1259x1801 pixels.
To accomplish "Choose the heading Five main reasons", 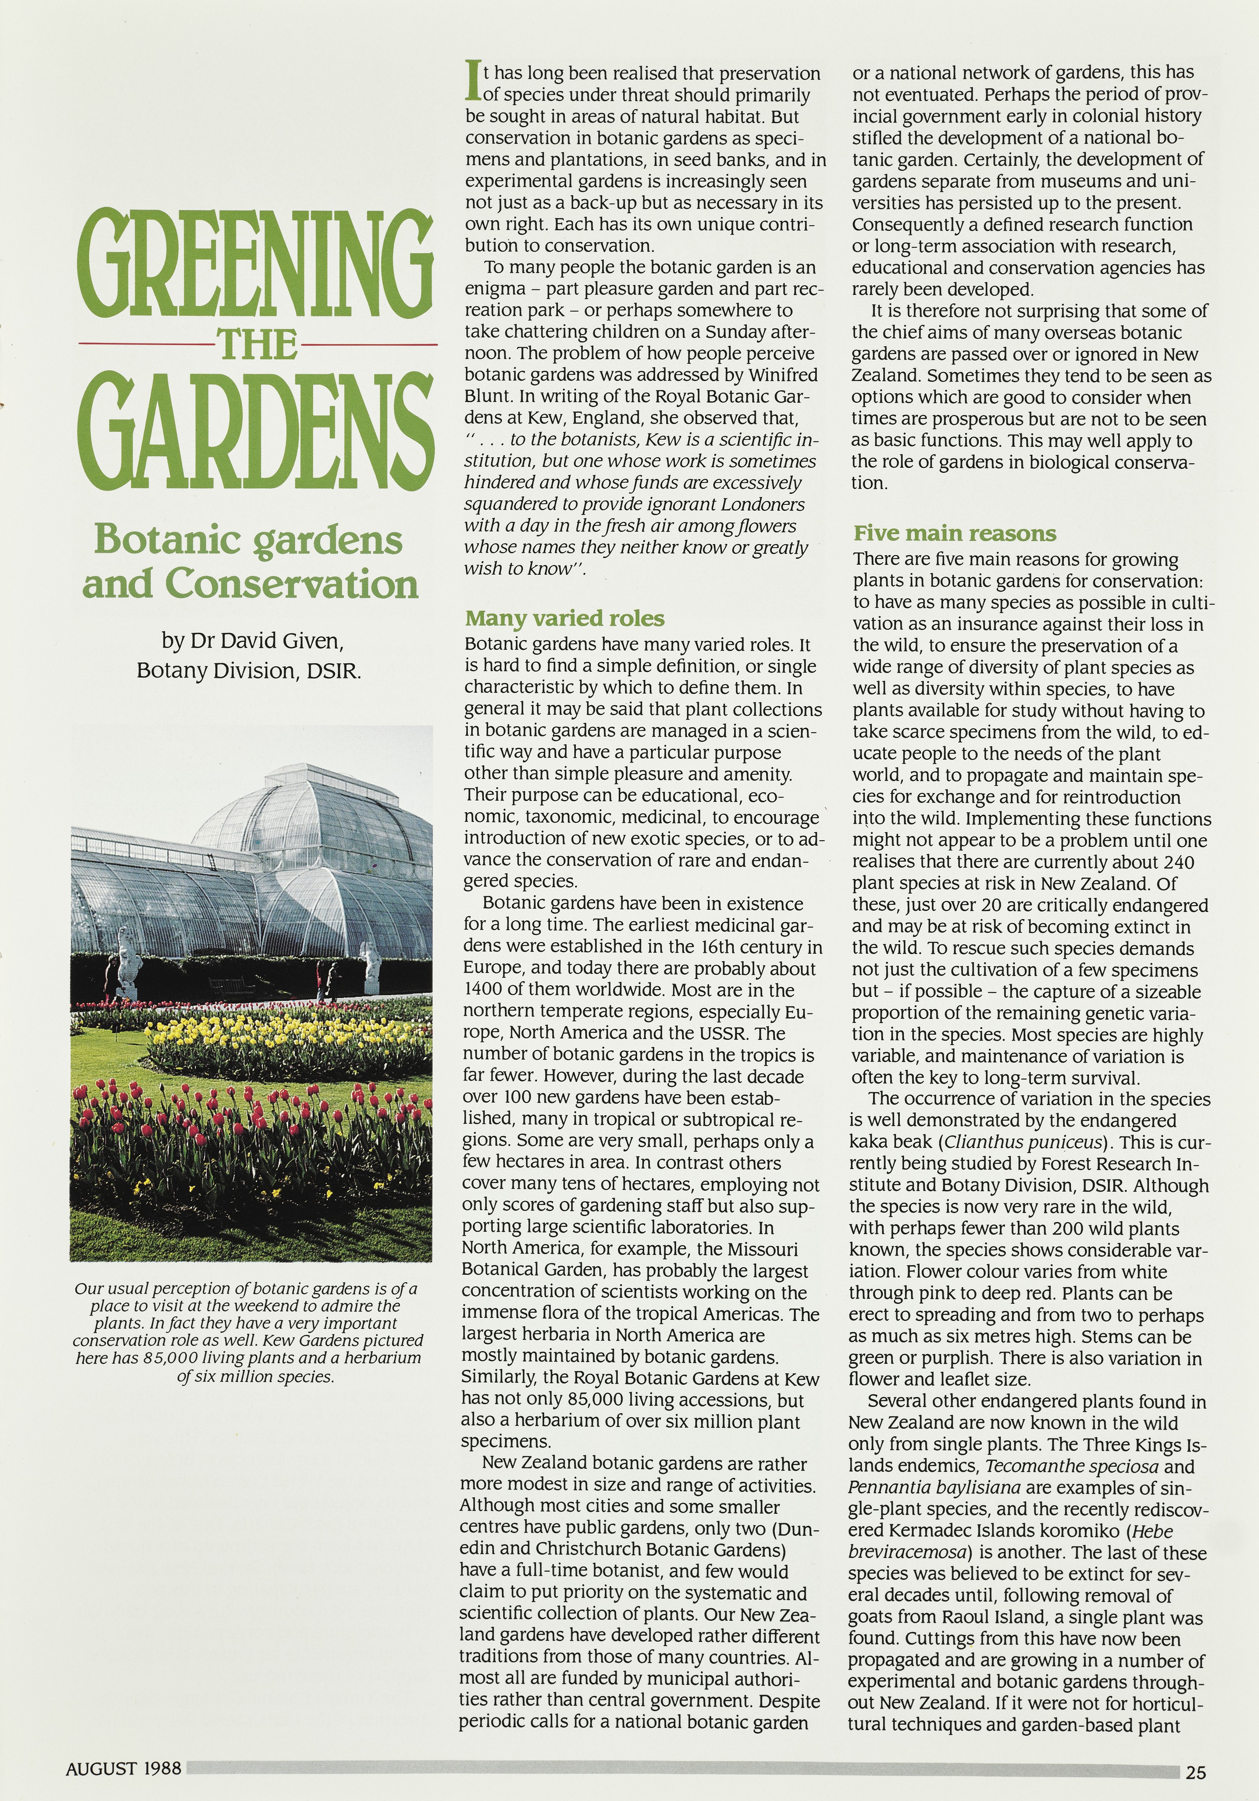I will [954, 533].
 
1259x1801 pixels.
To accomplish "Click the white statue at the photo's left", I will [125, 961].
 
